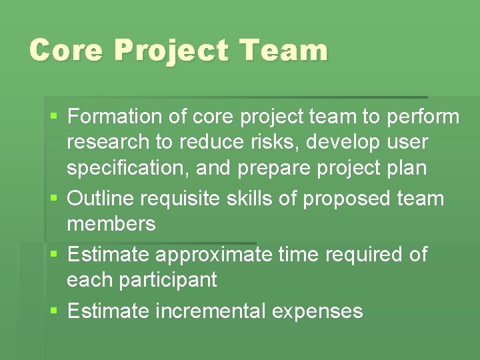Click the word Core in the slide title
coord(66,50)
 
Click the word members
coord(111,224)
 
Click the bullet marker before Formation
coord(54,117)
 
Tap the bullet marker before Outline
coord(54,199)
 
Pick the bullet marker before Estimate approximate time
coord(54,255)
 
